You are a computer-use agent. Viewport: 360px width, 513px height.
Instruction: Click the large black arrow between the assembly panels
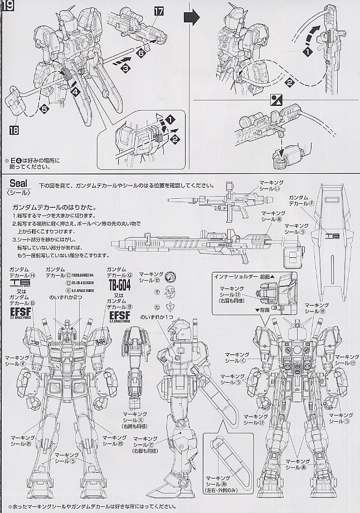click(x=192, y=18)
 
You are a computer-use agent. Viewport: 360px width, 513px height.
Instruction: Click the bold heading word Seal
click(x=18, y=184)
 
